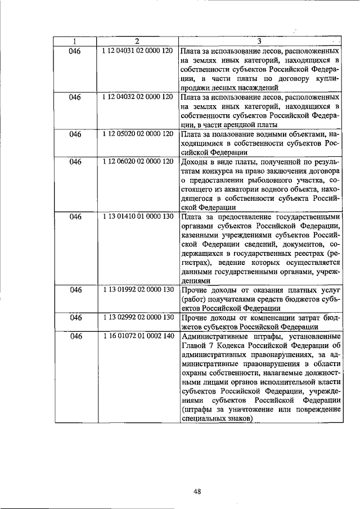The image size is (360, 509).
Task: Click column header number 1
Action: [75, 41]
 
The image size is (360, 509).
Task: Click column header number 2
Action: [137, 41]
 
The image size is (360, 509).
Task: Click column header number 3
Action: [259, 41]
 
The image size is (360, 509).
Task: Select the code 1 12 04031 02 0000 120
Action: [137, 51]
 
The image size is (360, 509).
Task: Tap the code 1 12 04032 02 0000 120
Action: [137, 97]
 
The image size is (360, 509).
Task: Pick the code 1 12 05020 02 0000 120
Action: [137, 134]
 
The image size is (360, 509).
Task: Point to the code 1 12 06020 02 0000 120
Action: [137, 162]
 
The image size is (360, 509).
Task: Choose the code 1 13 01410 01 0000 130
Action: [137, 216]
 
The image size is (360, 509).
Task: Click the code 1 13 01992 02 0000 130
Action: [137, 289]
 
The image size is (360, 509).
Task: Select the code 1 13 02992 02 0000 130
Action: [137, 317]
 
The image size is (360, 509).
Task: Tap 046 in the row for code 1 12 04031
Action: [75, 51]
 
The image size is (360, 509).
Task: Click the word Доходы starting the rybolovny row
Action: [195, 162]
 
